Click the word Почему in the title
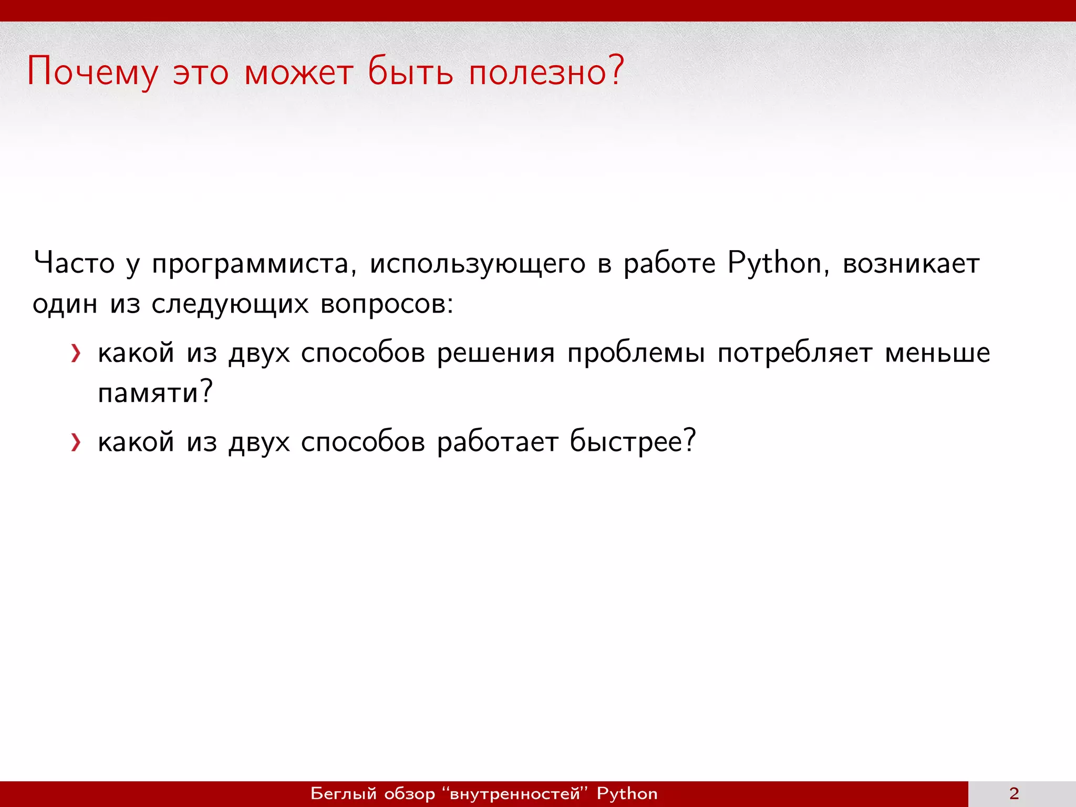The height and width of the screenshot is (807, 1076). [x=92, y=72]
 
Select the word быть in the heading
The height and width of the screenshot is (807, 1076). [x=410, y=72]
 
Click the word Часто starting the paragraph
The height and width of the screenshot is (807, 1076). [x=74, y=263]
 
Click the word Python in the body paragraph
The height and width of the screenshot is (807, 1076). [x=774, y=264]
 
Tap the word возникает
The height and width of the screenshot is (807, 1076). [x=911, y=264]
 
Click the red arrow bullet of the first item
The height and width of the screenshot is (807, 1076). [x=76, y=354]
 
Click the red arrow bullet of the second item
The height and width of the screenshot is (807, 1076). [x=76, y=442]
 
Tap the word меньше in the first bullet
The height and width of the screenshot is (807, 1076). [x=937, y=353]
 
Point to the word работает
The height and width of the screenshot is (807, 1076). [x=497, y=442]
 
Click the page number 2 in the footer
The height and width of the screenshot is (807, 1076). [x=1014, y=793]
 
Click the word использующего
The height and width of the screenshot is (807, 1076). [x=477, y=264]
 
